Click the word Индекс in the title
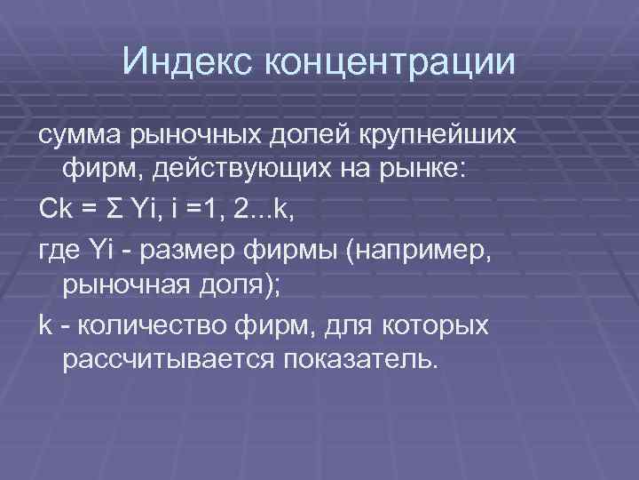186,61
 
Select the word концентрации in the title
389,61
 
